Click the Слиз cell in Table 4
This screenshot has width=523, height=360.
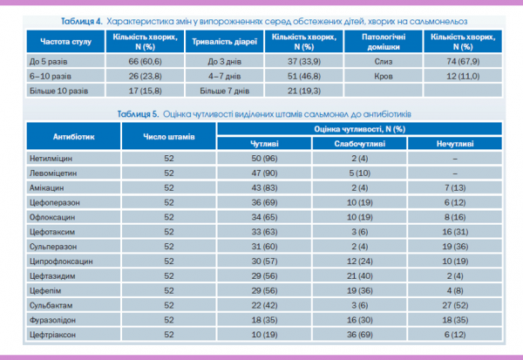click(383, 62)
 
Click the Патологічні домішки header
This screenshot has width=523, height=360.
click(383, 42)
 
